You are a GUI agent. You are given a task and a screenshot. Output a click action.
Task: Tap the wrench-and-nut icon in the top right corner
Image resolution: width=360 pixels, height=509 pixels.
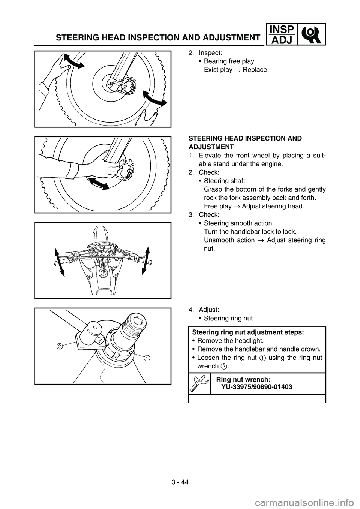(x=312, y=34)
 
